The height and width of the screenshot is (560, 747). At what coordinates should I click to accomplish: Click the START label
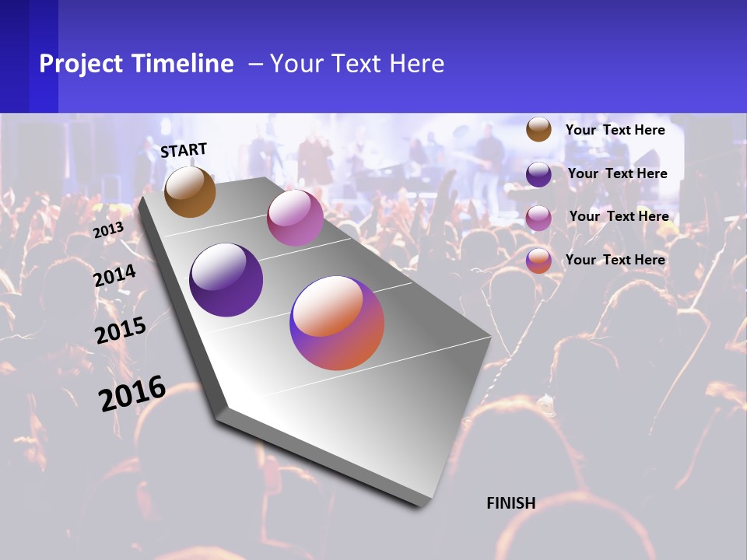click(184, 150)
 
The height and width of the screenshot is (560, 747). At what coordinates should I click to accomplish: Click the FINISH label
click(511, 503)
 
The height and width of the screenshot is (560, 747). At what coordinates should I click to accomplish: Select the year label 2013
click(108, 229)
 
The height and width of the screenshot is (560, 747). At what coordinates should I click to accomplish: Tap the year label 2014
click(115, 276)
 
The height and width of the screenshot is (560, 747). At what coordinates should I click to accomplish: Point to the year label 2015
click(121, 331)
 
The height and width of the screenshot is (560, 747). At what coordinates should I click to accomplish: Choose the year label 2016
click(132, 394)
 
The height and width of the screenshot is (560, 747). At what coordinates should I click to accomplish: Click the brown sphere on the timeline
click(190, 191)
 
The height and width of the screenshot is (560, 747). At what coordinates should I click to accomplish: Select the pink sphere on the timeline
click(295, 218)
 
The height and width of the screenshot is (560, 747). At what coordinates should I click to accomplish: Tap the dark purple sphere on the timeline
click(226, 280)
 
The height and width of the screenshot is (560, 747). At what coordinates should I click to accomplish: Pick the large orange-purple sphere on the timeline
click(337, 323)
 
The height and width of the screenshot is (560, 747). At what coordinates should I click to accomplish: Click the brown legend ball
click(538, 129)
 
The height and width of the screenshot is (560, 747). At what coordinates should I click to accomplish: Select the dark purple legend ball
click(538, 173)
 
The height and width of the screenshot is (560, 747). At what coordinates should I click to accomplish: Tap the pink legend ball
click(538, 217)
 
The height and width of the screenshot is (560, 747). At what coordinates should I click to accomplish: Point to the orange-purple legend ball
click(538, 261)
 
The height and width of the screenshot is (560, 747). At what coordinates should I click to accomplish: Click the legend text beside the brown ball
click(615, 130)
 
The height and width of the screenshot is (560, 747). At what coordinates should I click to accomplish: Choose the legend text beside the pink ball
click(619, 216)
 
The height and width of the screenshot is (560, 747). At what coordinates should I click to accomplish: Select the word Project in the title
click(82, 64)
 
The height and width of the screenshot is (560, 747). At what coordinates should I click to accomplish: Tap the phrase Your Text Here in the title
click(356, 64)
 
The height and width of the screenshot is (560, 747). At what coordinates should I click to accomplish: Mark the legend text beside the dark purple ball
click(618, 173)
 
